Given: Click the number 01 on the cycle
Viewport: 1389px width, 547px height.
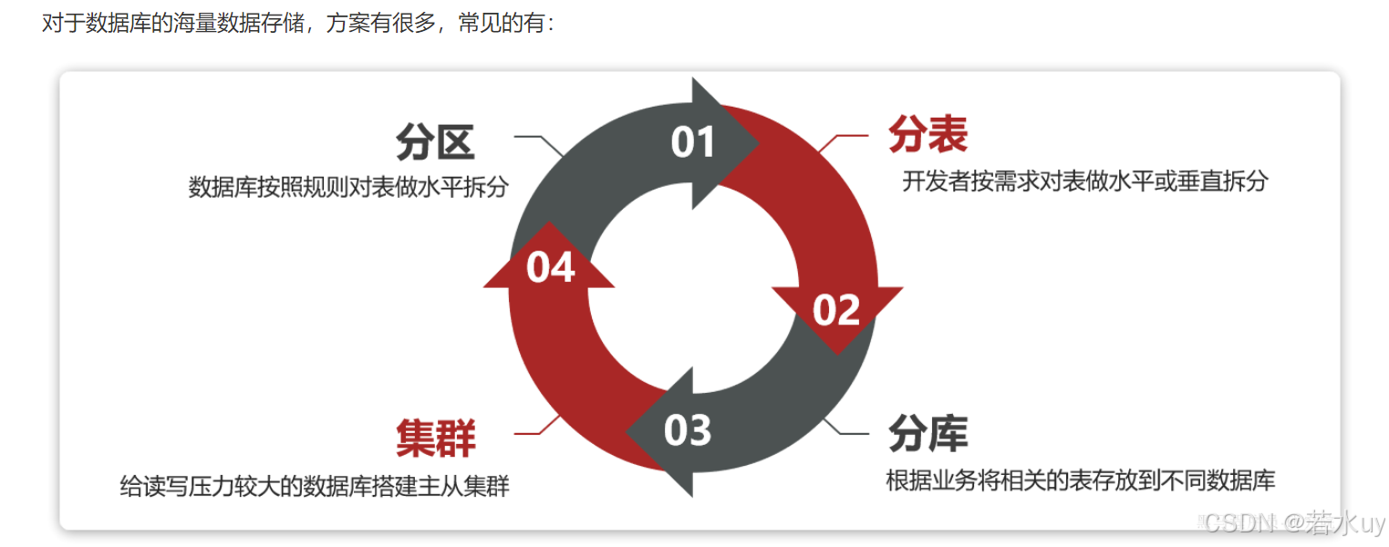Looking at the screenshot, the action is [694, 142].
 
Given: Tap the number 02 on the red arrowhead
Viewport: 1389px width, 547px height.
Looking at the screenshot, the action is [835, 310].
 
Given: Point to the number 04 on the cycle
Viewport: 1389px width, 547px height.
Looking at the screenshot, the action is [551, 267].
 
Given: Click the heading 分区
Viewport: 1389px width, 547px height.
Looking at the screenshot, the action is [435, 143].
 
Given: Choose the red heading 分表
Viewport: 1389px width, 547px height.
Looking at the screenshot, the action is [928, 135].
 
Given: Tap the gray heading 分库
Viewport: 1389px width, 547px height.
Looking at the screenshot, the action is [928, 434].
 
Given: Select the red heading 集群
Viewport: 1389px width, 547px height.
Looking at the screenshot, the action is [435, 439].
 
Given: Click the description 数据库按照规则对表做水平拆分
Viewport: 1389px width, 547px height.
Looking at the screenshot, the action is [347, 187].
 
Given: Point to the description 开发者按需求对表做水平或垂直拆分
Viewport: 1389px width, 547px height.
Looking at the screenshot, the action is [1085, 181].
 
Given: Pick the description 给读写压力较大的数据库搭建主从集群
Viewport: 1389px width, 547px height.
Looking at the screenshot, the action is [315, 486].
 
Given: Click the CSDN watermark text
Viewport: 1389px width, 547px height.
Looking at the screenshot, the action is [1293, 523].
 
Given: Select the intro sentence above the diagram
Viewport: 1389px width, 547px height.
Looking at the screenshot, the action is [298, 23].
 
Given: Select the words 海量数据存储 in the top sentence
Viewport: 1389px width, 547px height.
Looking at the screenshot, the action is [192, 23].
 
